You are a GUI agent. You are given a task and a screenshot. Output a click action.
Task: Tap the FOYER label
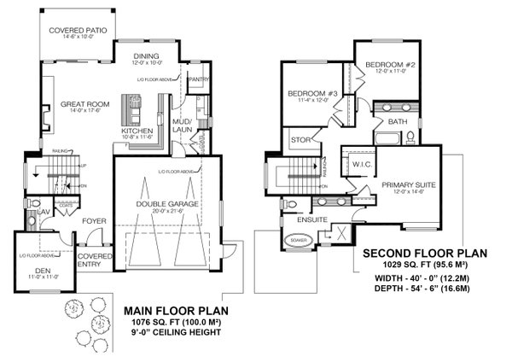click(x=93, y=221)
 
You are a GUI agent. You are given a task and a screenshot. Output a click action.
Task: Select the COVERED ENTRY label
click(x=91, y=260)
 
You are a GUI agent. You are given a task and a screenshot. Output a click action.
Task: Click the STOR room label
click(x=299, y=140)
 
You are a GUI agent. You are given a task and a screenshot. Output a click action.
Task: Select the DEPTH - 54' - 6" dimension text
click(x=423, y=290)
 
